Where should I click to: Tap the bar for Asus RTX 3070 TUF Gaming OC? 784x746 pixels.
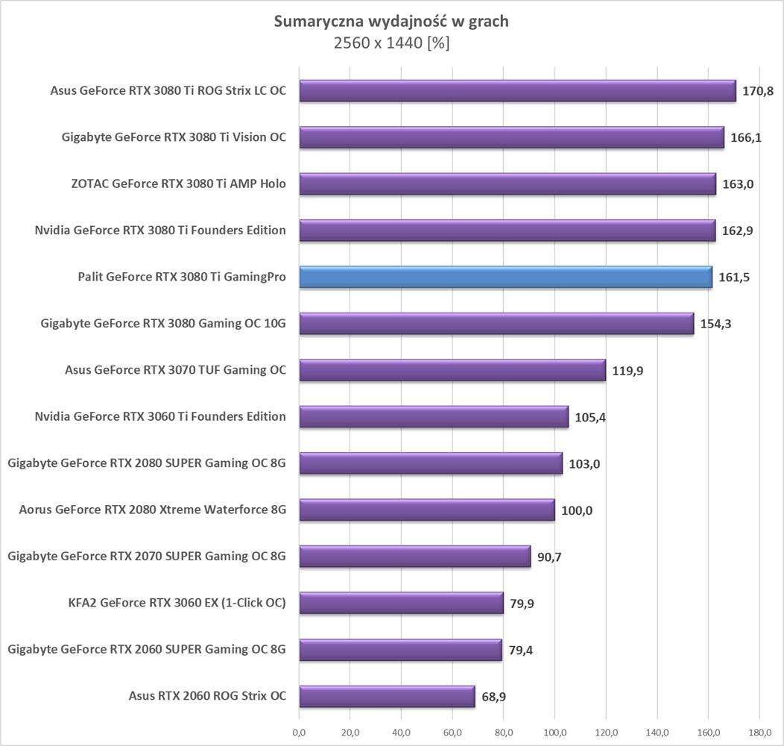click(452, 370)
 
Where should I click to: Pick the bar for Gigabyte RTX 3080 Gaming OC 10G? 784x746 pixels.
click(496, 324)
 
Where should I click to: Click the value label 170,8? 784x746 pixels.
click(757, 92)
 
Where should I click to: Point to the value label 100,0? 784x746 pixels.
click(576, 511)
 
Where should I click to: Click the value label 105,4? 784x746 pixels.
click(590, 418)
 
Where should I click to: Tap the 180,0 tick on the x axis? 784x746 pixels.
click(759, 732)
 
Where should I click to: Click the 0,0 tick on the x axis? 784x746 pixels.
click(299, 732)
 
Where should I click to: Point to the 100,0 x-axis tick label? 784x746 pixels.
click(554, 732)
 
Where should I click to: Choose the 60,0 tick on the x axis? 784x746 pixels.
click(452, 732)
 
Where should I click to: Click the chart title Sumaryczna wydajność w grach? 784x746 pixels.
click(391, 22)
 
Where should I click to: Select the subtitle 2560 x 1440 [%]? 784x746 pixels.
click(391, 43)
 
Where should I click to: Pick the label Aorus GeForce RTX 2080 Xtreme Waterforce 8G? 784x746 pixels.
click(153, 510)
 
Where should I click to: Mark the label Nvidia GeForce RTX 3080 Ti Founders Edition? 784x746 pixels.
click(160, 231)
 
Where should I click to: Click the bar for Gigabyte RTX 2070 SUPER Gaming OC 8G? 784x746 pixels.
click(414, 557)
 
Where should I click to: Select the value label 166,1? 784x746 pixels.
click(746, 138)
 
